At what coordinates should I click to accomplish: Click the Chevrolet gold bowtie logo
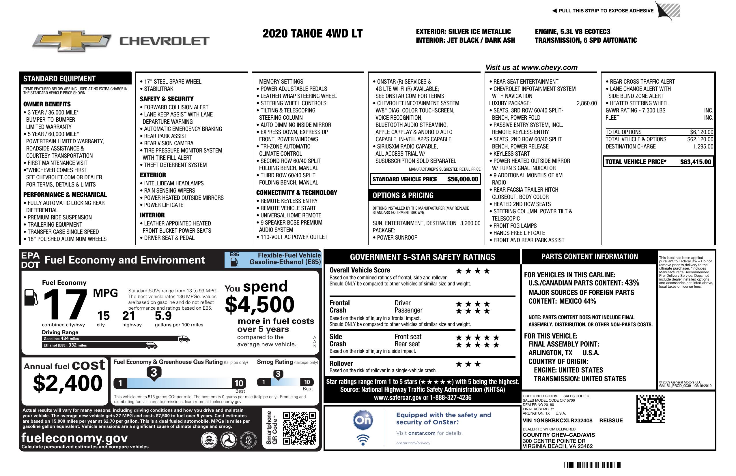pyautogui.click(x=72, y=41)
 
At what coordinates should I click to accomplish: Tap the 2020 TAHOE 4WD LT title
pyautogui.click(x=312, y=34)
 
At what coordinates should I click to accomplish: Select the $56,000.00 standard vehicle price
pyautogui.click(x=463, y=179)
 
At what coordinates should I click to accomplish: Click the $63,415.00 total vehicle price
pyautogui.click(x=696, y=162)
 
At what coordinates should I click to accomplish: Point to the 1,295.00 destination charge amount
pyautogui.click(x=703, y=146)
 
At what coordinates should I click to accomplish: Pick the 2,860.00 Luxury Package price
pyautogui.click(x=586, y=103)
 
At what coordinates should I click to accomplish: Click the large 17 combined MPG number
pyautogui.click(x=65, y=304)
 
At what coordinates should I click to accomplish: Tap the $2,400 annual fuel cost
pyautogui.click(x=68, y=383)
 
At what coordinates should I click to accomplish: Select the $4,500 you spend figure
pyautogui.click(x=259, y=304)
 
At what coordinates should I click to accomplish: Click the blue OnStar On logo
pyautogui.click(x=363, y=420)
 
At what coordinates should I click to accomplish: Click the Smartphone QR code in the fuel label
pyautogui.click(x=299, y=428)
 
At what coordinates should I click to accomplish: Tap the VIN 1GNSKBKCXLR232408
pyautogui.click(x=557, y=420)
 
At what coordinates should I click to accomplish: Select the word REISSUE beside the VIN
pyautogui.click(x=611, y=420)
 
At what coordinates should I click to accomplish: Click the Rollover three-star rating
pyautogui.click(x=468, y=364)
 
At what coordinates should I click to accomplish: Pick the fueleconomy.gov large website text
pyautogui.click(x=74, y=438)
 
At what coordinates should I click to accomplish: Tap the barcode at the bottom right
pyautogui.click(x=592, y=465)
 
